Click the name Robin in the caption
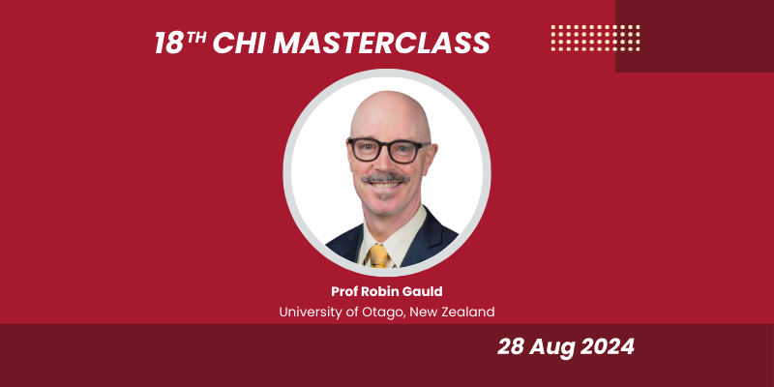click(x=378, y=292)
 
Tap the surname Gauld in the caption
click(x=420, y=292)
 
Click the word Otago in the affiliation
click(x=372, y=312)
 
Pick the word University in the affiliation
click(x=312, y=312)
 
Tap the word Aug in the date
click(x=551, y=347)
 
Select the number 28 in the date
click(x=513, y=347)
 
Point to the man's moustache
click(x=385, y=179)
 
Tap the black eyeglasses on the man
click(x=388, y=150)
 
